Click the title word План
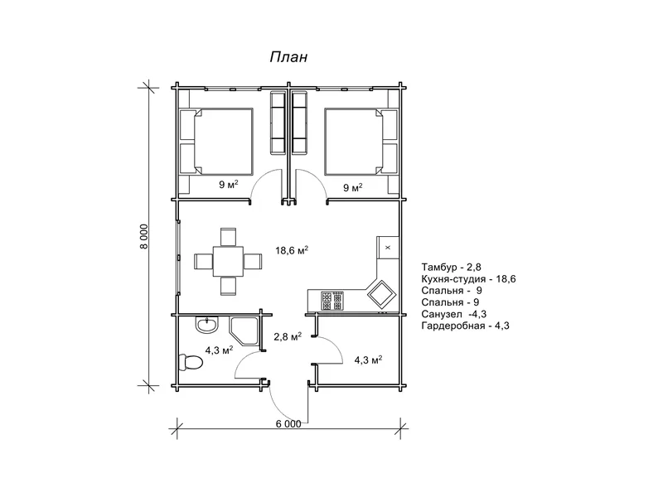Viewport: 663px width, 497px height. (288, 57)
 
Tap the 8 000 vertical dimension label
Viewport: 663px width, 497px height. (144, 236)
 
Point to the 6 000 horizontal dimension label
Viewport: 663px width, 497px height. (288, 423)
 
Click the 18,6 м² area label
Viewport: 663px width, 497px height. (292, 250)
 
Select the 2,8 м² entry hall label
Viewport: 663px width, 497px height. (288, 336)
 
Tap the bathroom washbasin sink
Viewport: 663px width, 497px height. (206, 325)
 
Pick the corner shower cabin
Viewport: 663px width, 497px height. (244, 330)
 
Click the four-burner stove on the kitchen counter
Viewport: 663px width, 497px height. (332, 301)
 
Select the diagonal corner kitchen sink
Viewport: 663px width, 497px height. (382, 292)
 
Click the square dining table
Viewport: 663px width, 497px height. (229, 261)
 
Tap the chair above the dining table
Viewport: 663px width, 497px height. (229, 237)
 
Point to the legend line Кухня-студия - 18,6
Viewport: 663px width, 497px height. (468, 279)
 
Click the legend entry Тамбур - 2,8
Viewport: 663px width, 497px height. (451, 267)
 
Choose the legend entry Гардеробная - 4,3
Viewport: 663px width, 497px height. (465, 326)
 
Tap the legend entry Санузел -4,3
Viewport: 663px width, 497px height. (453, 314)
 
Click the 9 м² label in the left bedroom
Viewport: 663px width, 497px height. (229, 184)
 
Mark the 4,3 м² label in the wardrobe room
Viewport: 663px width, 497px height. (368, 360)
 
